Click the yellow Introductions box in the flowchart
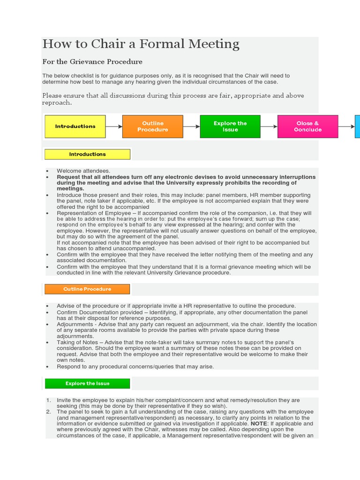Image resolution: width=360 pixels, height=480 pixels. click(75, 127)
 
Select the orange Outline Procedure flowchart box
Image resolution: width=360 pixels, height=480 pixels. click(152, 127)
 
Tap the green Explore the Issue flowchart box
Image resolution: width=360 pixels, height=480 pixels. click(230, 127)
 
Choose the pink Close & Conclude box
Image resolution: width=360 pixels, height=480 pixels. click(307, 127)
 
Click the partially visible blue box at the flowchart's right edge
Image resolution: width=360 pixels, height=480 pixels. click(357, 127)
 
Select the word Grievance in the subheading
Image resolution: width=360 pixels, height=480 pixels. click(84, 61)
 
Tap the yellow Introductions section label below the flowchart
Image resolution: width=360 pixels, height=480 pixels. click(87, 154)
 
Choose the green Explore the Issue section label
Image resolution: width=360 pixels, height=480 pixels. click(87, 383)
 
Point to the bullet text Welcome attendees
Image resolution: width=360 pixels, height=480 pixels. click(83, 171)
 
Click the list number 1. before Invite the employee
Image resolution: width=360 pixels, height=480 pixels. click(48, 400)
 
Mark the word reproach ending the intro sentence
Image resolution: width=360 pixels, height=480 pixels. click(57, 103)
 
